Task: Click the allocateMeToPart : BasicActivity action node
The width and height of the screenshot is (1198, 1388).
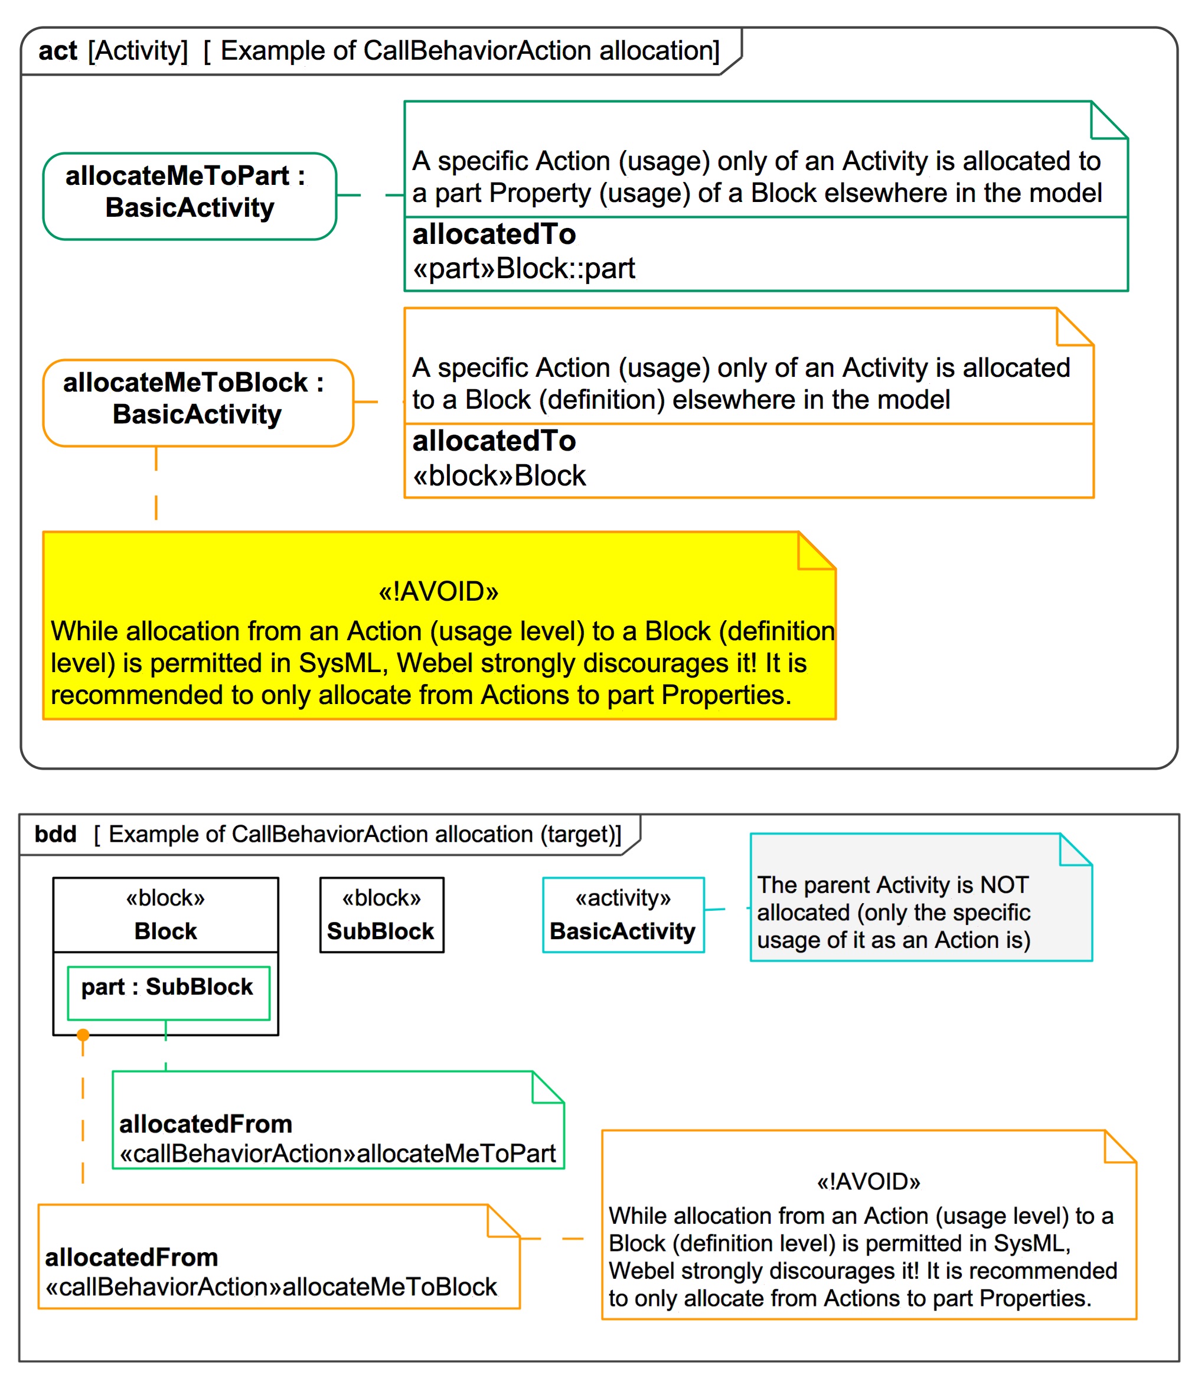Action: point(189,196)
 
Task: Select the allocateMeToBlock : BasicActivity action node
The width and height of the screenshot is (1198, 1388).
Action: point(198,403)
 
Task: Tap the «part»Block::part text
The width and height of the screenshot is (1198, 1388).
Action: point(523,269)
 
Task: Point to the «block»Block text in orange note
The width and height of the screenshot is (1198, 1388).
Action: point(499,475)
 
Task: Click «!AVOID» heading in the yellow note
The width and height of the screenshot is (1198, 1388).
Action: point(439,591)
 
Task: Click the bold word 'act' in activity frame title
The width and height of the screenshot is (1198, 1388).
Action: point(58,51)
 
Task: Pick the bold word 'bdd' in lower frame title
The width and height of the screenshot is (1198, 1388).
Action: point(56,834)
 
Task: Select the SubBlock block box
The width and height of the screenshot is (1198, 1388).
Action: point(381,915)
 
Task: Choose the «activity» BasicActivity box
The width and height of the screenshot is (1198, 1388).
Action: point(623,915)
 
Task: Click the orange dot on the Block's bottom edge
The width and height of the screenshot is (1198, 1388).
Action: point(83,1035)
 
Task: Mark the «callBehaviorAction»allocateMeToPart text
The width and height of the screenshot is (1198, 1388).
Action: point(338,1154)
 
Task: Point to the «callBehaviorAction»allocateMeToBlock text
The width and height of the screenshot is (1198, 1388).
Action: point(271,1287)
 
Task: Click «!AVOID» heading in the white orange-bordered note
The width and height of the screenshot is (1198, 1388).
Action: point(869,1182)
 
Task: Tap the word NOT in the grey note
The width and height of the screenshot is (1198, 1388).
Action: point(1004,885)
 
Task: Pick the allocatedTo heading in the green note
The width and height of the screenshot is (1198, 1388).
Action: point(494,234)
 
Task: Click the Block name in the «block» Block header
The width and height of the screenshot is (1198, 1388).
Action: point(165,931)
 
